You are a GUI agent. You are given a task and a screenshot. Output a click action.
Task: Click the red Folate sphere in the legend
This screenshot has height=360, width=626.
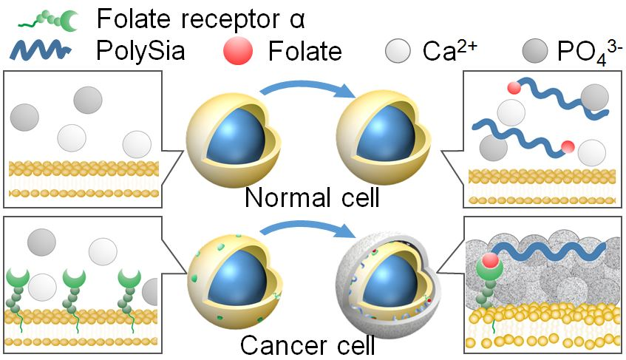point(238,52)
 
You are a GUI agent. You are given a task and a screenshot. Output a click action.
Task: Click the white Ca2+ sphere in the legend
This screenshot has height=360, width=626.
point(398,51)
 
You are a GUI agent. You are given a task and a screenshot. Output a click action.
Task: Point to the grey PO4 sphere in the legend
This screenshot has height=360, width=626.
point(535,51)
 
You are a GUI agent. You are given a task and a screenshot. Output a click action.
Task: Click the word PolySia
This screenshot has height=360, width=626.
point(140,51)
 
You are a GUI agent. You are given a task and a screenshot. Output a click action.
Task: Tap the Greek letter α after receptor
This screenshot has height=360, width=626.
point(297,21)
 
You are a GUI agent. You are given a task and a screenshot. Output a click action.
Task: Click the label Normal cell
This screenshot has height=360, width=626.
point(312,197)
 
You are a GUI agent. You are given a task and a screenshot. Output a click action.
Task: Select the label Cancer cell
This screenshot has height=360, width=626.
point(307,344)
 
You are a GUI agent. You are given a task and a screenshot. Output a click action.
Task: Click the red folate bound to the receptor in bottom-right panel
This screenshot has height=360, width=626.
point(490,261)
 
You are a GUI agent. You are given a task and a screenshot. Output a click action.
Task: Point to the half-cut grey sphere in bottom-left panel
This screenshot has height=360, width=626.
point(150,292)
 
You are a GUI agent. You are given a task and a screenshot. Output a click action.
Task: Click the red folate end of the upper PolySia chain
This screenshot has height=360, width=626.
point(514,88)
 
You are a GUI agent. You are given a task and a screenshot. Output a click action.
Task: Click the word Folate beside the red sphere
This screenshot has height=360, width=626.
point(305,52)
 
